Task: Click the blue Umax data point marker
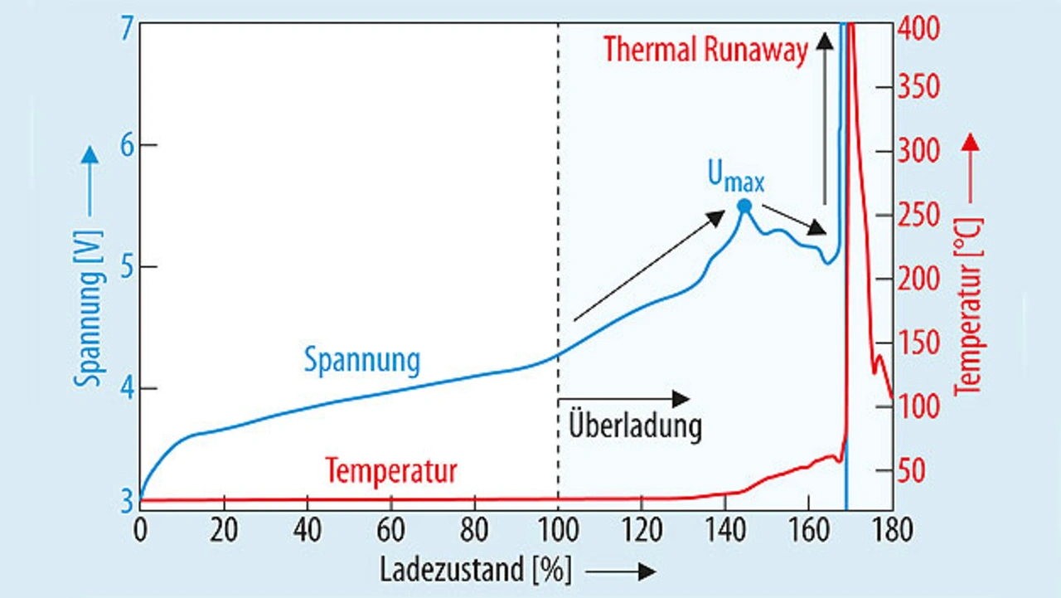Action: point(744,206)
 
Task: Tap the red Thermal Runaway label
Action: point(705,50)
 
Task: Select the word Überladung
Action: point(635,425)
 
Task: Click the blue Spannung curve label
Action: point(361,360)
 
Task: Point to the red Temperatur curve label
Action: point(391,471)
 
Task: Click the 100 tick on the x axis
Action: point(558,528)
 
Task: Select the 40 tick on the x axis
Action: point(307,528)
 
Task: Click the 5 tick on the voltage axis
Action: point(126,267)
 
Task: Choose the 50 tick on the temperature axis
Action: point(914,471)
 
